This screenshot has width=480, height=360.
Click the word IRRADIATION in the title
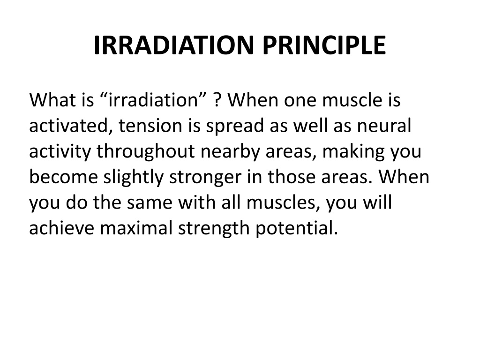coord(173,45)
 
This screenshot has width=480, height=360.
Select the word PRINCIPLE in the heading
coord(324,45)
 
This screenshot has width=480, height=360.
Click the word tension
coord(150,126)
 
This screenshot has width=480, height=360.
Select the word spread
coord(235,126)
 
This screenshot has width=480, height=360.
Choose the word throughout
coord(146,151)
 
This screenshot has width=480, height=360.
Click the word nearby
coord(230,151)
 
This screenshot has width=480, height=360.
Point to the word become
coord(64,177)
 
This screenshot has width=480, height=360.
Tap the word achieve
coord(61,228)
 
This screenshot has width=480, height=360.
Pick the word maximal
coord(136,228)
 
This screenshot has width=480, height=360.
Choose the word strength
coord(214,229)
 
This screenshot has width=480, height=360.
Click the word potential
coord(297,229)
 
